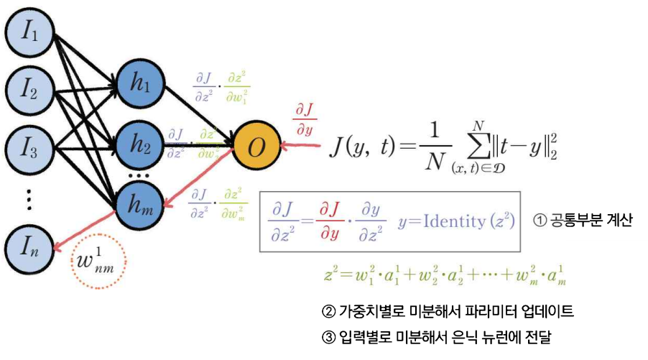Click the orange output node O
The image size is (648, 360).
pos(255,147)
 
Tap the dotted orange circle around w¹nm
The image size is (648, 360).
pos(100,262)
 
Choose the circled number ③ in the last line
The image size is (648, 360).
pos(328,336)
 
